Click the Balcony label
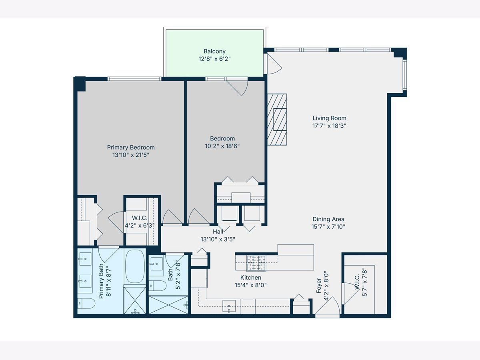point(214,51)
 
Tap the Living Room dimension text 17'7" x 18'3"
point(329,126)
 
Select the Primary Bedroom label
point(131,147)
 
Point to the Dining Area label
point(328,219)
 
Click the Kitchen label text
point(251,278)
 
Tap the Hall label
point(218,232)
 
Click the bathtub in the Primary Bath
point(135,267)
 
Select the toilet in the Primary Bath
point(86,303)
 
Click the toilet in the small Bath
point(158,286)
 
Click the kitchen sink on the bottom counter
point(229,306)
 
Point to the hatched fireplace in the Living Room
point(277,120)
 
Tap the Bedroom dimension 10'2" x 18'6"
point(222,146)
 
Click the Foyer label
point(319,286)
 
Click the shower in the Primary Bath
point(135,300)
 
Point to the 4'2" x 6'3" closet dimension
point(140,225)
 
